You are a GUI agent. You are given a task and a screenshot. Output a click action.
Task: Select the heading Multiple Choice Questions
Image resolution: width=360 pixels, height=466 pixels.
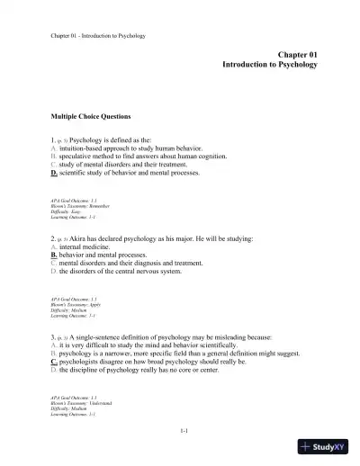point(91,117)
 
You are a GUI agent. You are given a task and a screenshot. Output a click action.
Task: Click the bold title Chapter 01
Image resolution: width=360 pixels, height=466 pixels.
point(296,56)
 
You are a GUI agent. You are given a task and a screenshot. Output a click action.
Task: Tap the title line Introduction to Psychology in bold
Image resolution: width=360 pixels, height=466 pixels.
point(270,67)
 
